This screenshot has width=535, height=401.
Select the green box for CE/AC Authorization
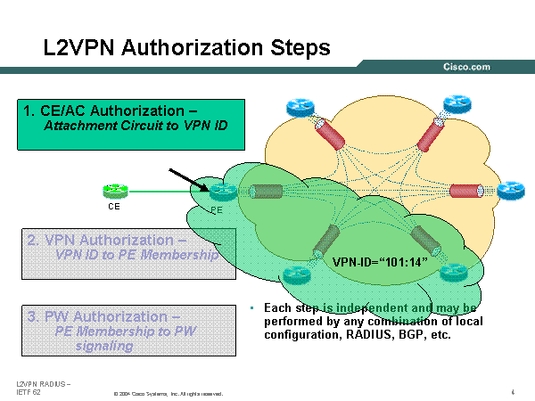tap(130, 124)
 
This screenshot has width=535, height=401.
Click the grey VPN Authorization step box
tap(128, 253)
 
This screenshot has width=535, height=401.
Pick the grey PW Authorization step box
tap(128, 330)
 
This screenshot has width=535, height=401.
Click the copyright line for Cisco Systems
tap(168, 393)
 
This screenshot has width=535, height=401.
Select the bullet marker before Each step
tap(253, 308)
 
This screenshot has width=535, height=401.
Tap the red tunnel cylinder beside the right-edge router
tap(464, 191)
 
